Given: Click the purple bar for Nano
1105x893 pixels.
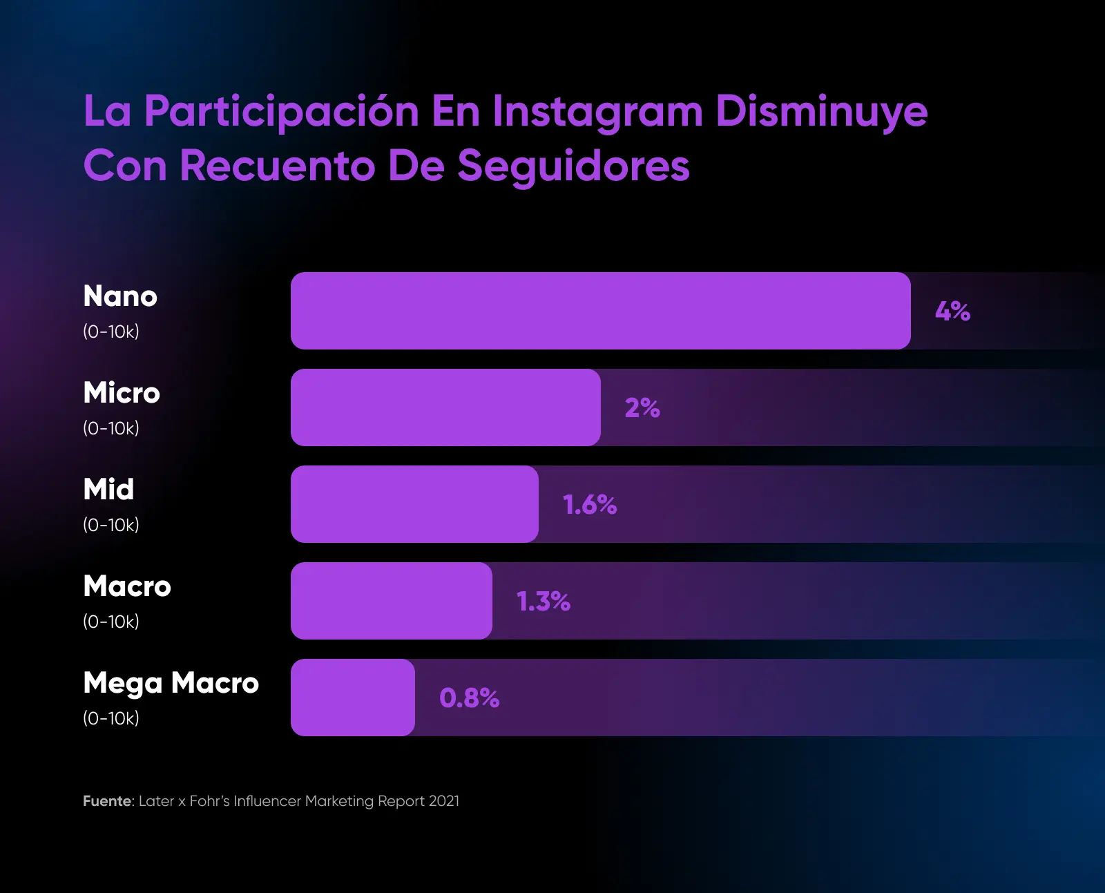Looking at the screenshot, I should pyautogui.click(x=600, y=311).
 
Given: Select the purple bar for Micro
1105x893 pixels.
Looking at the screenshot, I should pyautogui.click(x=445, y=407).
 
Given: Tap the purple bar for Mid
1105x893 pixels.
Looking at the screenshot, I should pyautogui.click(x=414, y=504).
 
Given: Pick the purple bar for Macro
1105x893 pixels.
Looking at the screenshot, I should pyautogui.click(x=391, y=601).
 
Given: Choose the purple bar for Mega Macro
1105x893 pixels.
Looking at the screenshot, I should pyautogui.click(x=352, y=698).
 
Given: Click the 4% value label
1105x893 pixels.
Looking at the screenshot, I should pyautogui.click(x=952, y=311).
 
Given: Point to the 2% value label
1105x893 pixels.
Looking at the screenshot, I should pyautogui.click(x=642, y=408).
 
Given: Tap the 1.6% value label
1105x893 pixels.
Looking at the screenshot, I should pyautogui.click(x=589, y=505).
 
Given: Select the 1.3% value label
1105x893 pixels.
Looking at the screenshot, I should pyautogui.click(x=544, y=602).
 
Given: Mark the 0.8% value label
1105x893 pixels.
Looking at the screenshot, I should pyautogui.click(x=469, y=698).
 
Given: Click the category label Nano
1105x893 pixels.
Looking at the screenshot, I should pyautogui.click(x=120, y=296).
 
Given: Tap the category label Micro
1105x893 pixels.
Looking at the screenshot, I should pyautogui.click(x=122, y=393).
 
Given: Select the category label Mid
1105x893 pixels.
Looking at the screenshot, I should pyautogui.click(x=108, y=490).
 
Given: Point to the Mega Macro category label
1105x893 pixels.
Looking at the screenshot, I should pyautogui.click(x=171, y=683).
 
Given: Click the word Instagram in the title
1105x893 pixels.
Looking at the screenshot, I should pyautogui.click(x=597, y=112).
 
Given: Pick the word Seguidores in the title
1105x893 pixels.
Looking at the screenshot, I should pyautogui.click(x=573, y=166).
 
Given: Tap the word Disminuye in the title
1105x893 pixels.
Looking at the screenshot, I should pyautogui.click(x=821, y=112).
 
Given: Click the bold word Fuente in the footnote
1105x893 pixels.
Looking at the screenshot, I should pyautogui.click(x=107, y=801).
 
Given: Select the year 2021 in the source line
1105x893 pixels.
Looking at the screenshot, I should pyautogui.click(x=443, y=801).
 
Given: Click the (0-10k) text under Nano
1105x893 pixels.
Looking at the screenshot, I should pyautogui.click(x=111, y=332).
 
